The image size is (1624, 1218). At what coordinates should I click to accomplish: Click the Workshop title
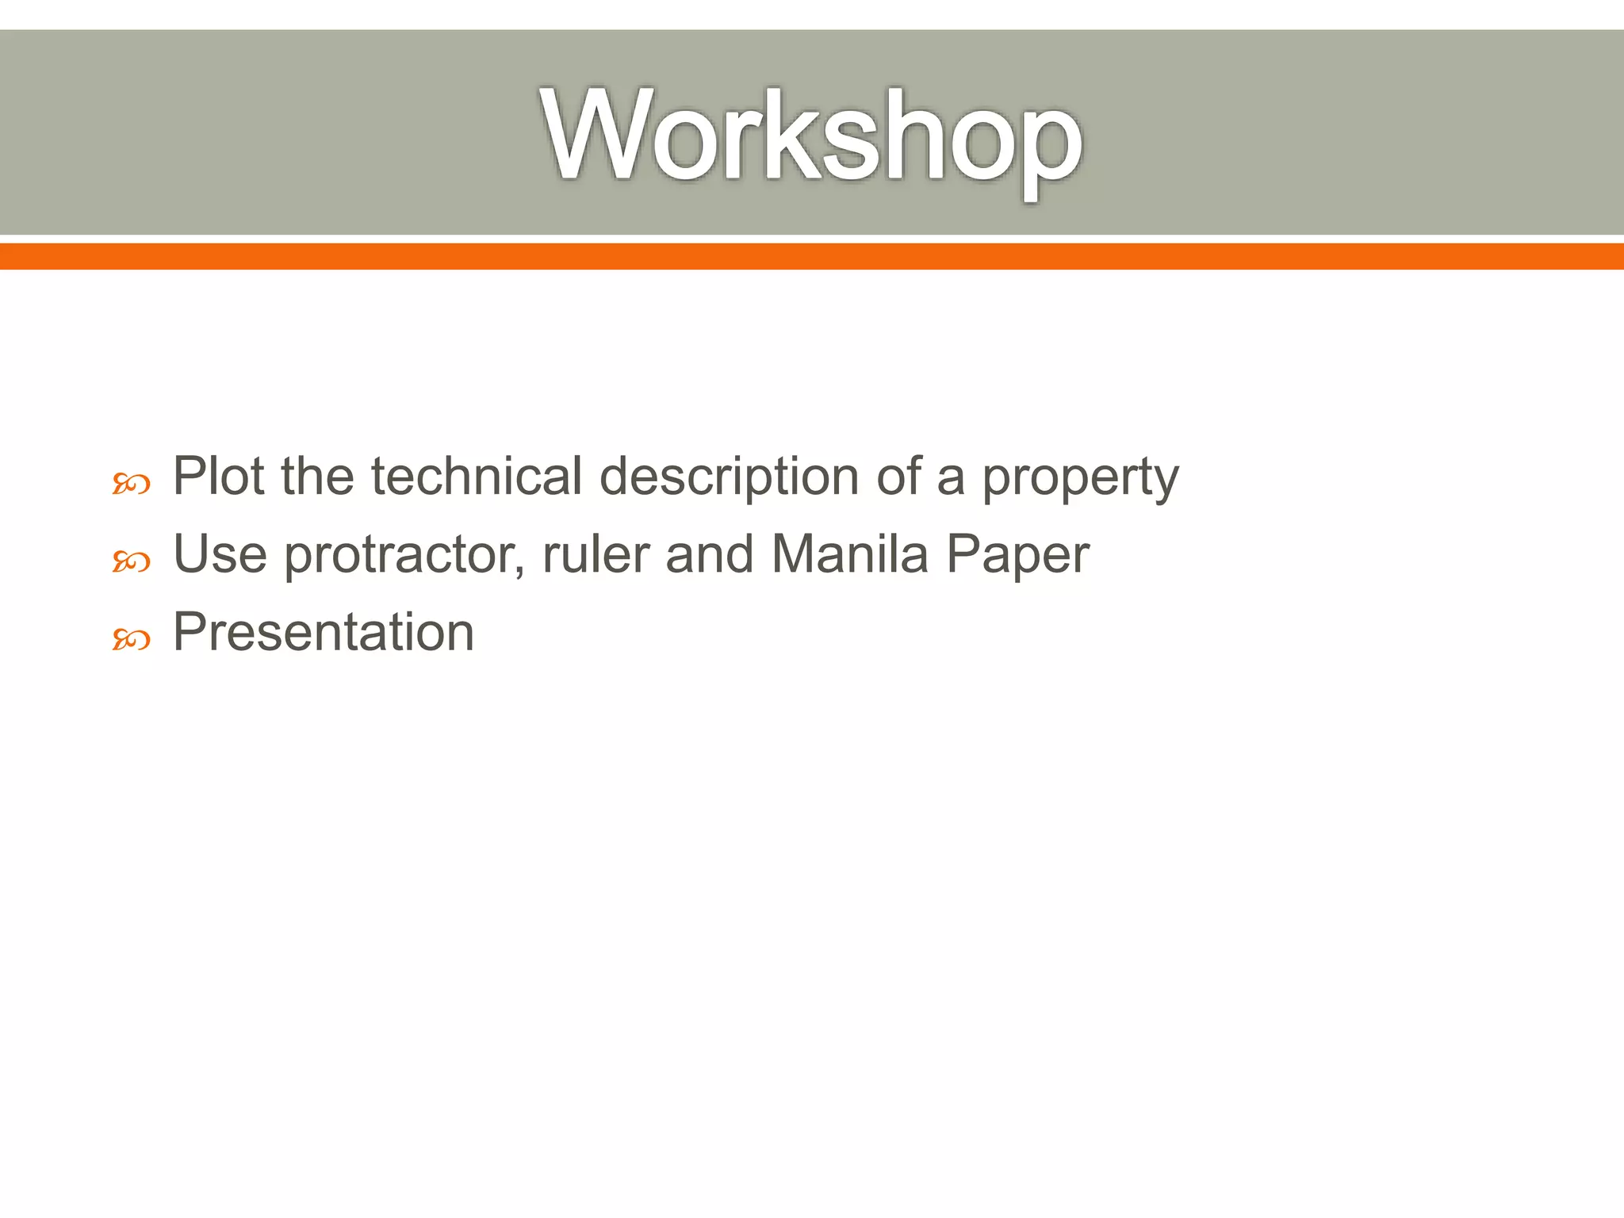(x=812, y=136)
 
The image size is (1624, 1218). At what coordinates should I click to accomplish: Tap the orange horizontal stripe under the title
(x=812, y=257)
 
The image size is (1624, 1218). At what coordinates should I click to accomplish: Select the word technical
(x=477, y=477)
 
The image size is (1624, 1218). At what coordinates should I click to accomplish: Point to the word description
(x=729, y=478)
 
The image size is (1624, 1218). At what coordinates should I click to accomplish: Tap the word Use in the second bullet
(x=220, y=554)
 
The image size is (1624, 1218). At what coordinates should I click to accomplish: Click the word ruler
(x=596, y=554)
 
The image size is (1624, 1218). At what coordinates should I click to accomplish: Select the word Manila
(x=849, y=554)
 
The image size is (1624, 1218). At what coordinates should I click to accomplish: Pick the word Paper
(x=1017, y=556)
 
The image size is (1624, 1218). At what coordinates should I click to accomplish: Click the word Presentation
(x=324, y=633)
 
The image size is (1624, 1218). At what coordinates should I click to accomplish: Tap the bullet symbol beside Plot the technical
(x=131, y=484)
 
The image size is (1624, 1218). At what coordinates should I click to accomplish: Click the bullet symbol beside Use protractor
(x=131, y=562)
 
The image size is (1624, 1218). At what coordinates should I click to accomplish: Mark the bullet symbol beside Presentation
(x=131, y=639)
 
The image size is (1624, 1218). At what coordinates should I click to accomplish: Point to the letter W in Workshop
(x=596, y=135)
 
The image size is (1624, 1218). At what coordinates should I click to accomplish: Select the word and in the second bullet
(x=709, y=554)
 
